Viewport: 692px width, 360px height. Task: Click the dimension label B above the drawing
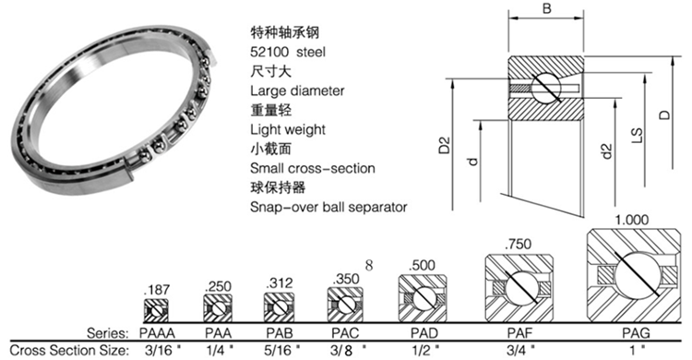click(x=546, y=8)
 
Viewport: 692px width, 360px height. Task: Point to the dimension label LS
click(x=637, y=136)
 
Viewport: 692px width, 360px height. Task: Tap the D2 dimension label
click(x=445, y=145)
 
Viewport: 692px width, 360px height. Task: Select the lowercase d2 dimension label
click(x=607, y=151)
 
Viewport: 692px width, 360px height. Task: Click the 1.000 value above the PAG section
click(x=631, y=220)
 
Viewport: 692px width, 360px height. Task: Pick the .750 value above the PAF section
click(x=519, y=244)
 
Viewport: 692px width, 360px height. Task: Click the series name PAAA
click(x=157, y=332)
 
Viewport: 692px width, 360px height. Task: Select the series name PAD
click(x=424, y=332)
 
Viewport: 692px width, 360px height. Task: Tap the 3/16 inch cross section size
click(x=162, y=350)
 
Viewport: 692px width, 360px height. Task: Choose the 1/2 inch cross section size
click(x=425, y=350)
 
